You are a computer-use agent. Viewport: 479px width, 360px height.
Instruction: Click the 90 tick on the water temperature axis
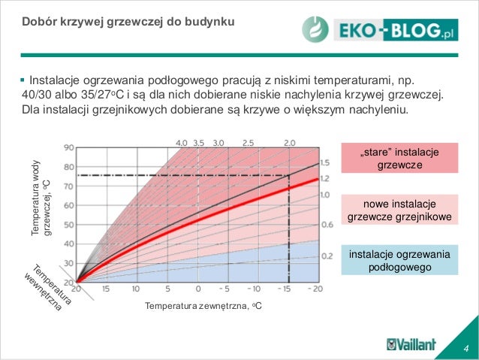68,147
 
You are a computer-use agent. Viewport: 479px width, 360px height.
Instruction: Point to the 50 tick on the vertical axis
68,224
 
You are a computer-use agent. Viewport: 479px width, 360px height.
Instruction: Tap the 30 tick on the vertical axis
68,262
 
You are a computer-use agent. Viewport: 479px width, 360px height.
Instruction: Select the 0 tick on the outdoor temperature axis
197,288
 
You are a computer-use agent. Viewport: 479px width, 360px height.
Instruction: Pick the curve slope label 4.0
182,141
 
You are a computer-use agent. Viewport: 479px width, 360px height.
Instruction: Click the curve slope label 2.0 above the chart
290,141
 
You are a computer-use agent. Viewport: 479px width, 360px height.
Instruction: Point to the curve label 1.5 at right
324,163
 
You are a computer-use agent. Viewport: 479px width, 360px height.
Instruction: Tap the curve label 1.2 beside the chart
324,179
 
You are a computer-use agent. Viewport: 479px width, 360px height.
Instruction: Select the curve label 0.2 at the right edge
326,256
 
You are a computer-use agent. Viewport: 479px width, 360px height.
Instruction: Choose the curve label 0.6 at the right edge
326,225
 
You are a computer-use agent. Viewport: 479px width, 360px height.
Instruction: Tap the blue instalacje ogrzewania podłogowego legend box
399,260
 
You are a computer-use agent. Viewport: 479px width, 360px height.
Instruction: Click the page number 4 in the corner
466,347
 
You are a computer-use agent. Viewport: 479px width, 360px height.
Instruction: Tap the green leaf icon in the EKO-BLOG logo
315,29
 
